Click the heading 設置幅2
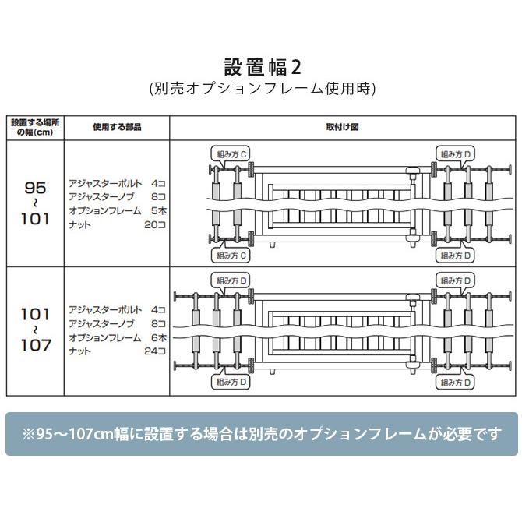(261, 64)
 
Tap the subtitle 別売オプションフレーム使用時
(261, 89)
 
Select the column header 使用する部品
(117, 127)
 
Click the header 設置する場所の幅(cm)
(35, 127)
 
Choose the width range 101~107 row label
(36, 329)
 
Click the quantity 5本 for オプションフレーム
(158, 210)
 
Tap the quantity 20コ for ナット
(156, 224)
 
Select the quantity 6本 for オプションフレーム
(158, 337)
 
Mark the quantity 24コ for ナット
(156, 351)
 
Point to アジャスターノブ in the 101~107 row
(102, 323)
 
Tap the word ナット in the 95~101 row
(80, 224)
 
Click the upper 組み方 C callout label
(231, 154)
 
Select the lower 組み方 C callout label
(231, 255)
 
